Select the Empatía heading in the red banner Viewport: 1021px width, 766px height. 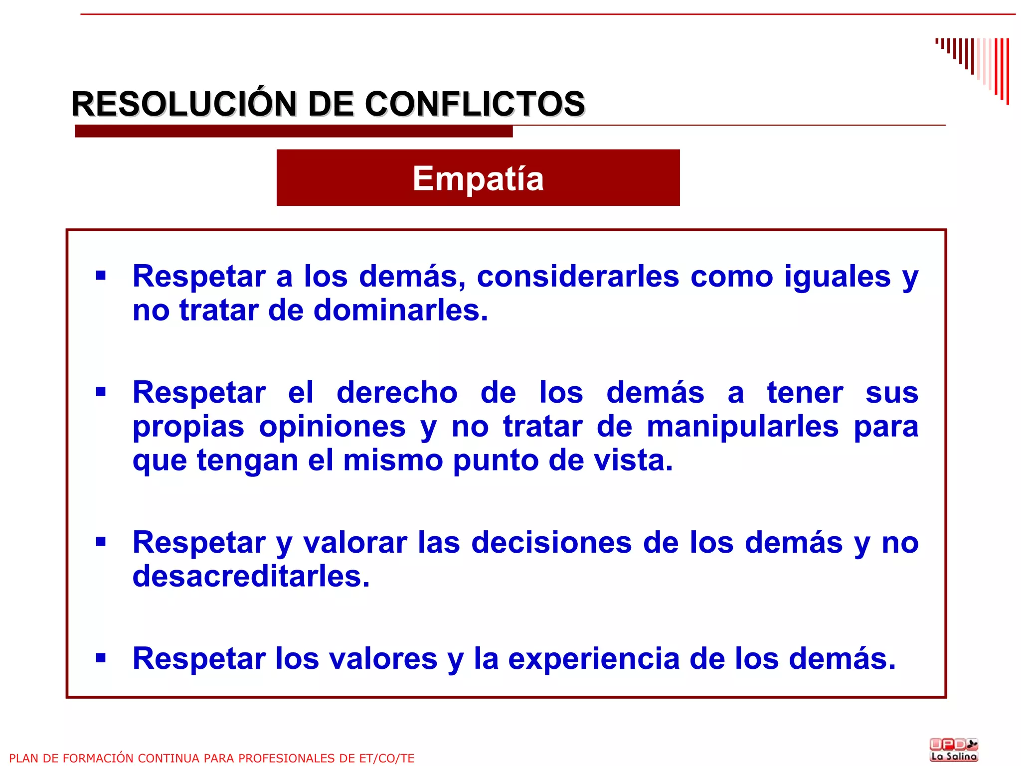pos(478,178)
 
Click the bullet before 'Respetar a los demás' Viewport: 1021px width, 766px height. pos(101,276)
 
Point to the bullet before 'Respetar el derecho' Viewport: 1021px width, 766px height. pos(101,392)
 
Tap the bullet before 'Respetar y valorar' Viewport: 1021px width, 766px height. pos(101,541)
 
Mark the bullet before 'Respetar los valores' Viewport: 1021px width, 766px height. pos(101,658)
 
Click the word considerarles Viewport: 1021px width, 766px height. pos(578,276)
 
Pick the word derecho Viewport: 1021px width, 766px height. pos(397,393)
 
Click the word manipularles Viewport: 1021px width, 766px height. pos(743,427)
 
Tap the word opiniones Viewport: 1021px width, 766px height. pos(332,427)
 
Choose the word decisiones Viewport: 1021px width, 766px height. pos(551,542)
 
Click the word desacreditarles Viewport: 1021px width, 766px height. pos(251,576)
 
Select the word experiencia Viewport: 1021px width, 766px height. pos(594,659)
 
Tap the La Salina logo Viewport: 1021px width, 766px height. pos(953,750)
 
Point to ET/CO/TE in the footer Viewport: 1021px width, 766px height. pos(386,758)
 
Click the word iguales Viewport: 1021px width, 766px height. pos(837,276)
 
